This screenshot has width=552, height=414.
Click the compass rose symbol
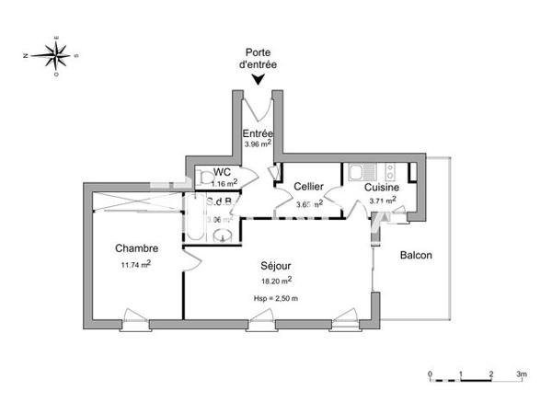57,55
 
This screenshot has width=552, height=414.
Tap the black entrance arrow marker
259,81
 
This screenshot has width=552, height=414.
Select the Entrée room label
258,132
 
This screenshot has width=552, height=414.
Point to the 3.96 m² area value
258,144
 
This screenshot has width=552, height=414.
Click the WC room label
222,172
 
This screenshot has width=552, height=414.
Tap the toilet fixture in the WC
201,178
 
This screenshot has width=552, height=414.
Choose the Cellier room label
308,187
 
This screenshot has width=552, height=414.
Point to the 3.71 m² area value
382,200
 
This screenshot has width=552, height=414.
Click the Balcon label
416,255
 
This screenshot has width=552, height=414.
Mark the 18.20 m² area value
276,280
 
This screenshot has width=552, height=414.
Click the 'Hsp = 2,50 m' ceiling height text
276,298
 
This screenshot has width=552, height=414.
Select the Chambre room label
136,248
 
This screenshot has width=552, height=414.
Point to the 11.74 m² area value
135,263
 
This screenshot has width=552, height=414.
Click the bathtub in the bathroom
197,220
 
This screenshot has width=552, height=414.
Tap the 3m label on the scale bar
522,374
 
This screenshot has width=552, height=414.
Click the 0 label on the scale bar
431,374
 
